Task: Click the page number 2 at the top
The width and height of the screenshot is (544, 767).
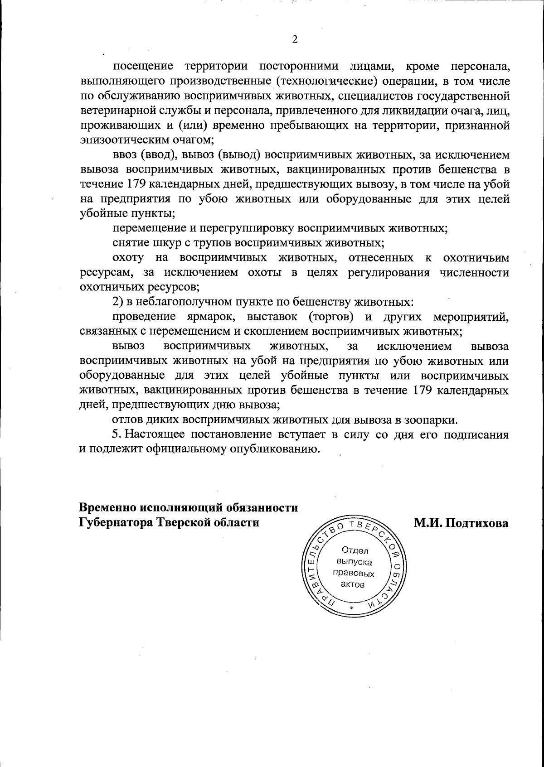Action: pos(295,40)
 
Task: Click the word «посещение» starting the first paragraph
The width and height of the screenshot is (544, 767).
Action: pos(143,67)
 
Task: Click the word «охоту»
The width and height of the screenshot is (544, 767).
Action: pos(128,258)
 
